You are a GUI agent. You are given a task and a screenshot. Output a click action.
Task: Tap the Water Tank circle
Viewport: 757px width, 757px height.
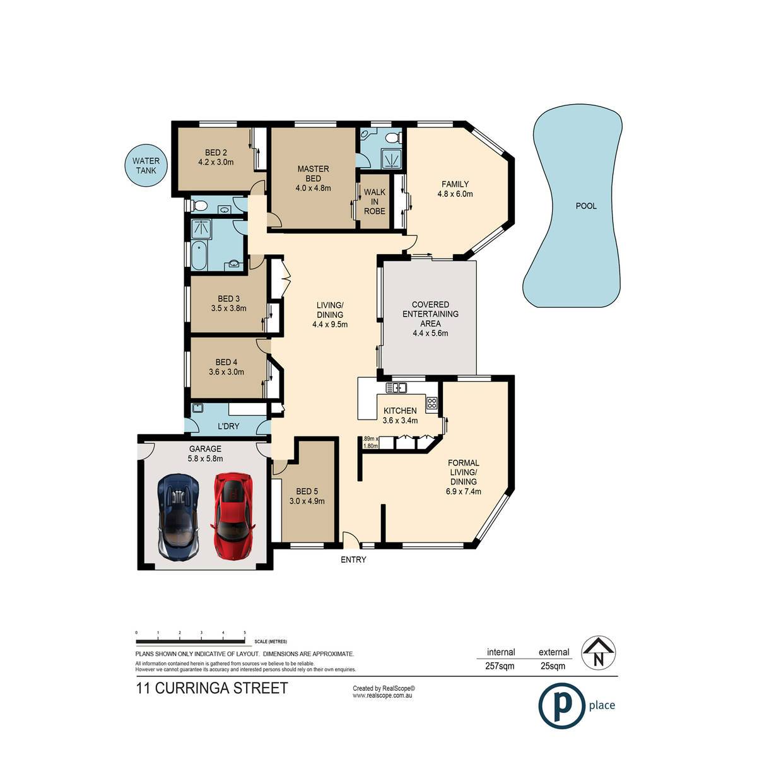click(146, 165)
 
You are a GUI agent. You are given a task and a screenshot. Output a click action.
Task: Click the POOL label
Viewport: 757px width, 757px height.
click(585, 206)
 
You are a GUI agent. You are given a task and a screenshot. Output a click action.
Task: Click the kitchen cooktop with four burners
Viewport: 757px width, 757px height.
click(431, 403)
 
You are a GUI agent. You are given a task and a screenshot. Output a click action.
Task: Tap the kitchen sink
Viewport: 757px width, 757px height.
click(396, 388)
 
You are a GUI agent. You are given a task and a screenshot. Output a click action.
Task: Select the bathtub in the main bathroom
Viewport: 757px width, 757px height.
click(199, 255)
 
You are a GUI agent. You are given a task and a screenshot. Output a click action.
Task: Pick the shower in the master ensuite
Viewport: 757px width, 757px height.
click(392, 160)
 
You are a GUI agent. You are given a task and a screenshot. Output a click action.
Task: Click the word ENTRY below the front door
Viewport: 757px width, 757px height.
click(353, 560)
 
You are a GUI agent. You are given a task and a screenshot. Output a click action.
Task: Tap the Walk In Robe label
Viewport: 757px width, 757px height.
click(374, 201)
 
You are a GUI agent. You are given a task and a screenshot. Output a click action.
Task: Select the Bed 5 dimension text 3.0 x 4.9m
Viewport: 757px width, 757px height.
click(307, 501)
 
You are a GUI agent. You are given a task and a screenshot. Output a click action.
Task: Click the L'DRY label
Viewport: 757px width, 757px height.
click(228, 426)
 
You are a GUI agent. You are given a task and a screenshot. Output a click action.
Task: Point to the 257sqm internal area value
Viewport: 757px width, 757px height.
click(500, 666)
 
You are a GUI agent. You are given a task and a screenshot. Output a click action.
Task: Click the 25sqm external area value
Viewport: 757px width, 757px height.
click(553, 666)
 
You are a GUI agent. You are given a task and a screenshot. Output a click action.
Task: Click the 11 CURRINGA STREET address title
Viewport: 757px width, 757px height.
click(212, 688)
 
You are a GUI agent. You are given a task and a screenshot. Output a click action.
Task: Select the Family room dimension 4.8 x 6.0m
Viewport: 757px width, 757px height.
click(455, 194)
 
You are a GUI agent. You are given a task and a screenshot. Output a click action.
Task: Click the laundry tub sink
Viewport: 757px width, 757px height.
click(197, 408)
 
